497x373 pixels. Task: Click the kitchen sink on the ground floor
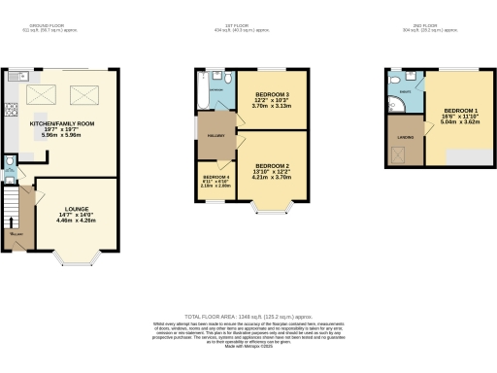[x=21, y=75]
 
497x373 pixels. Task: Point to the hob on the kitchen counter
[x=10, y=109]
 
